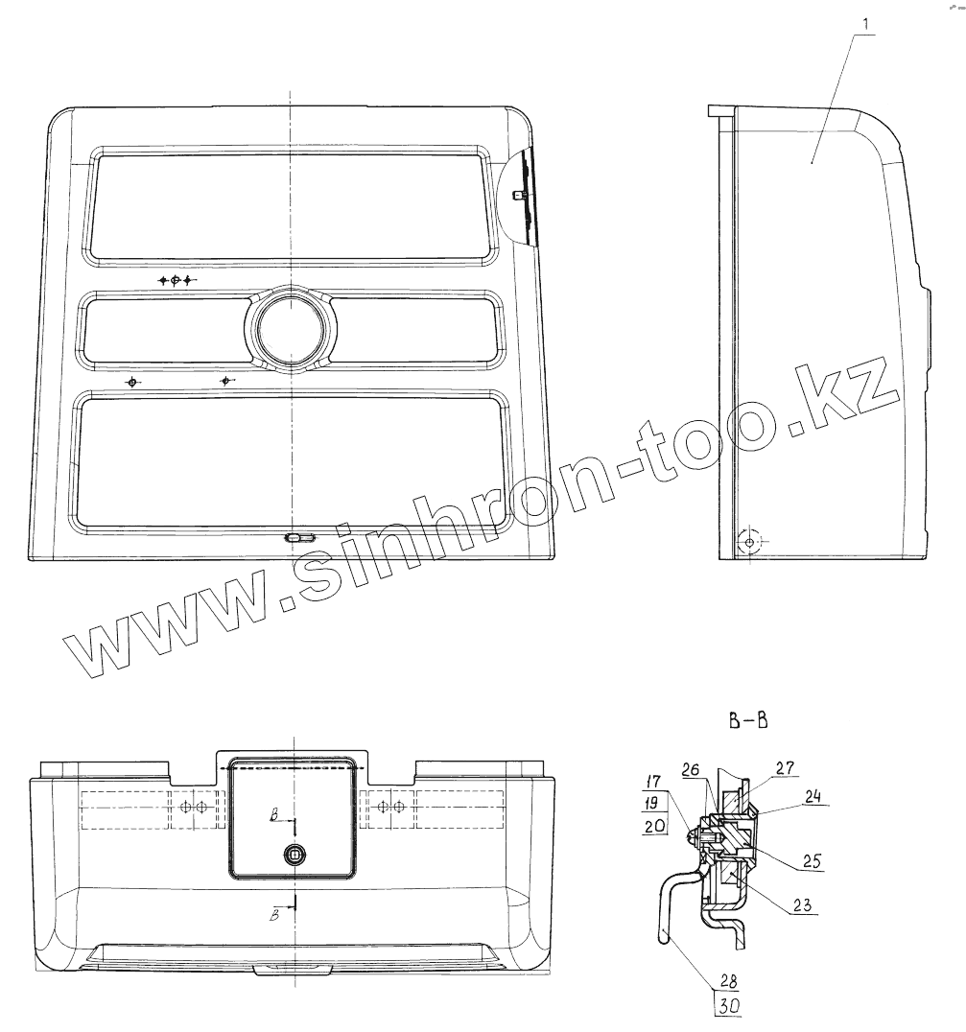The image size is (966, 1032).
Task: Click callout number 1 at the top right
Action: [x=865, y=24]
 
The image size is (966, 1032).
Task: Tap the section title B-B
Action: [x=748, y=720]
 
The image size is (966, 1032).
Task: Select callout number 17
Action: [x=653, y=782]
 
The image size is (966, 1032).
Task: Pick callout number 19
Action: [x=653, y=804]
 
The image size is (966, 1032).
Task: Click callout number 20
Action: [x=654, y=826]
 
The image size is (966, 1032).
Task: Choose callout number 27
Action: [x=785, y=767]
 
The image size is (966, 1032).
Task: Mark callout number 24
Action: [x=813, y=796]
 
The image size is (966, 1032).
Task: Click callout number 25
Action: [x=813, y=861]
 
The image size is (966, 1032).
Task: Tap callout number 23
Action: [x=802, y=905]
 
